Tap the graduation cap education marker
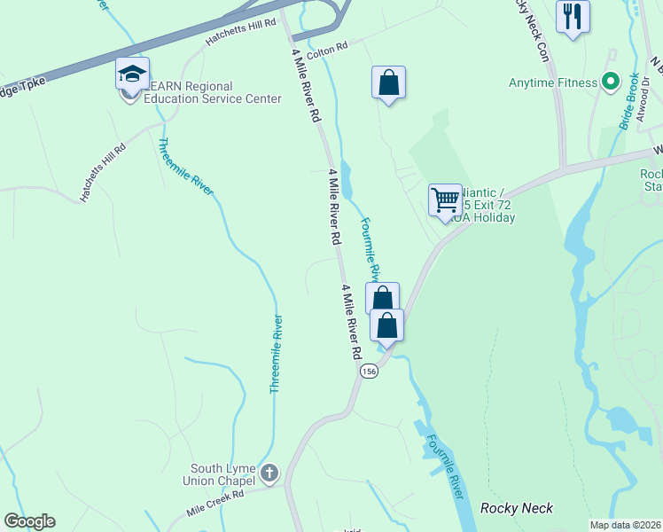[x=132, y=74]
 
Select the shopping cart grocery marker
[x=445, y=199]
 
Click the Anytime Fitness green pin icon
[x=610, y=82]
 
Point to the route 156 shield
[x=369, y=372]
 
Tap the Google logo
[x=29, y=521]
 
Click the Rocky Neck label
[x=517, y=508]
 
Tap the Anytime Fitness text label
[x=553, y=83]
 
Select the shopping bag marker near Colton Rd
[x=388, y=83]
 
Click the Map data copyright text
[x=625, y=525]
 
